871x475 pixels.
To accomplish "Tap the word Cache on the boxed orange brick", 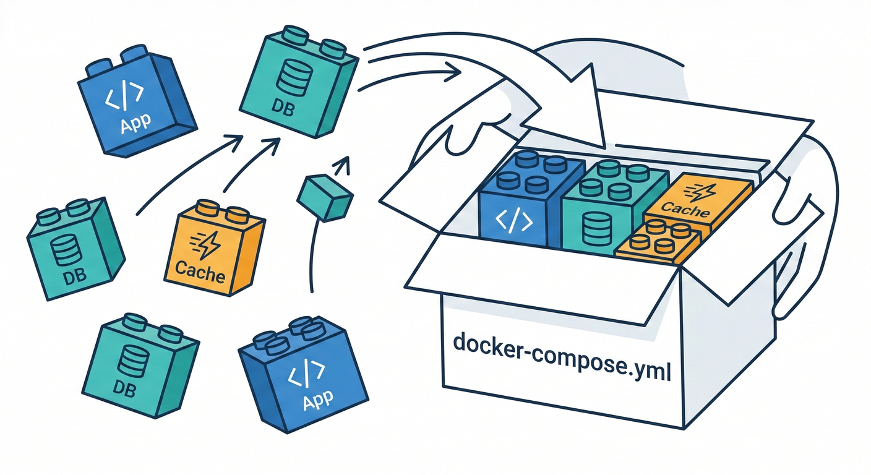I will pyautogui.click(x=685, y=211).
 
